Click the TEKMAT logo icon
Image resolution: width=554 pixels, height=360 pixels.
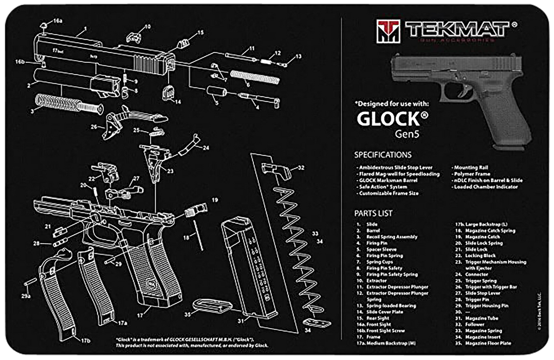(x=386, y=30)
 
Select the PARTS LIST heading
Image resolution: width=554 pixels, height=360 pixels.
(x=374, y=213)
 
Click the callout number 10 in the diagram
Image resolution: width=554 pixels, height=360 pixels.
(x=147, y=27)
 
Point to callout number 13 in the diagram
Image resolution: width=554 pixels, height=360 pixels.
(x=298, y=56)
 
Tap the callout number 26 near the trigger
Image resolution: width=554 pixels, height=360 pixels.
(x=94, y=127)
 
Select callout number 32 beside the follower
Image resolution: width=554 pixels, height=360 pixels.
(x=301, y=168)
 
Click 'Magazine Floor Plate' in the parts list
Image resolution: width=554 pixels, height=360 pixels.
(x=488, y=343)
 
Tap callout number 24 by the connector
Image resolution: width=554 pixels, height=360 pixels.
(x=206, y=148)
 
